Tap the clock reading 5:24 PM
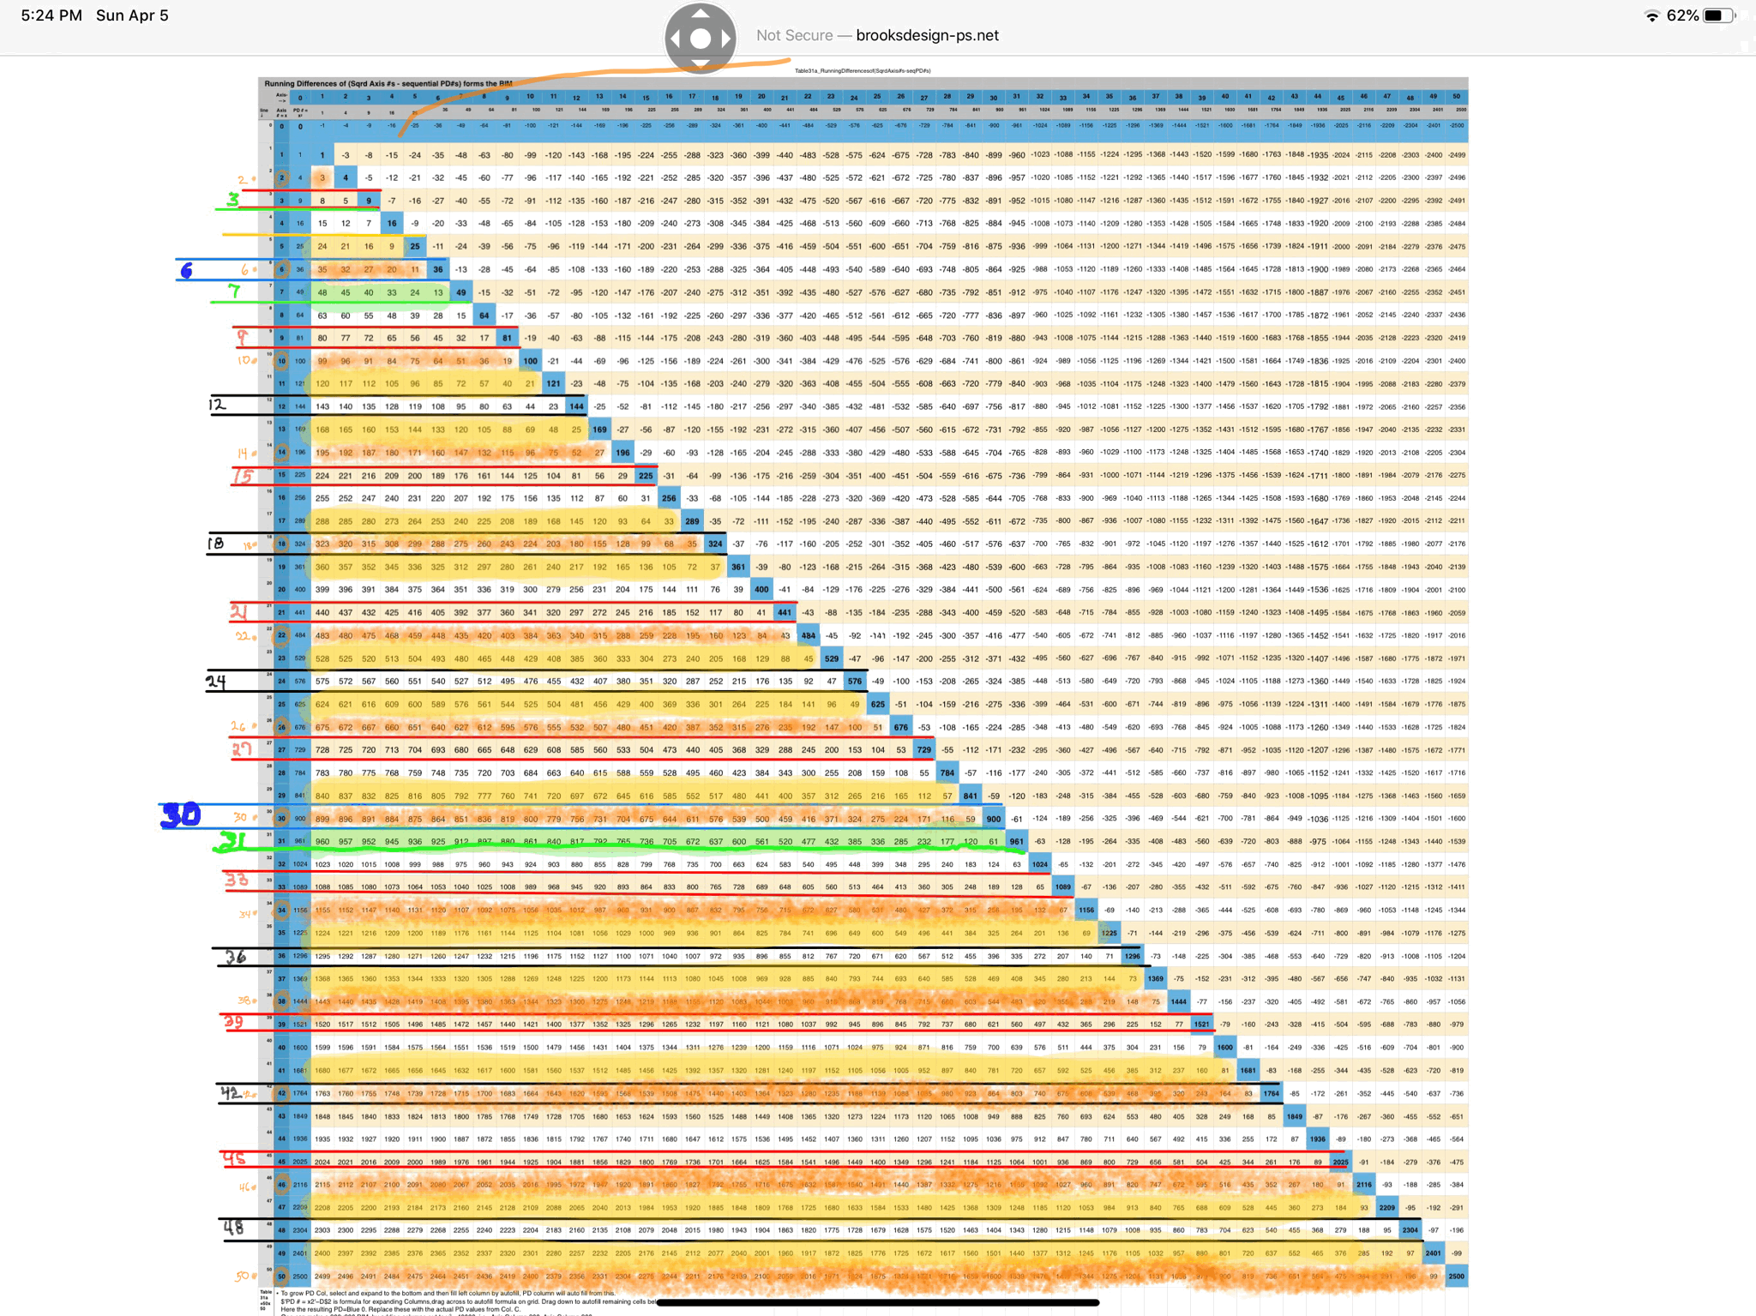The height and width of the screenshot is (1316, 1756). tap(51, 15)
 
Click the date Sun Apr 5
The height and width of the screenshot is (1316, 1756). tap(132, 15)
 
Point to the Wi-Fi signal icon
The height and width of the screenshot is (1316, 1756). tap(1651, 16)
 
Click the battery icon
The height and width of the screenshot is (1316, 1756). tap(1718, 15)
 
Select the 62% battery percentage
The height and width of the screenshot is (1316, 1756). tap(1682, 15)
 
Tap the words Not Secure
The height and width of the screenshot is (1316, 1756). tap(794, 35)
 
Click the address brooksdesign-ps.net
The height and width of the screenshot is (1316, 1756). tap(927, 35)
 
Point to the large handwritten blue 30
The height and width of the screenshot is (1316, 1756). tap(181, 814)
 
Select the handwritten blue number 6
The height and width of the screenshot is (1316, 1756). tap(186, 271)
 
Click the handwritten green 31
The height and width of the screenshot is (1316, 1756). tap(232, 843)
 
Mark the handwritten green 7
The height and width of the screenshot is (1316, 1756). tap(233, 291)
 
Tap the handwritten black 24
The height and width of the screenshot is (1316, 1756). tap(215, 682)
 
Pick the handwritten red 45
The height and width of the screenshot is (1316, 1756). tap(233, 1159)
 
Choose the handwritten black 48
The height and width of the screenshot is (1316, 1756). tap(233, 1228)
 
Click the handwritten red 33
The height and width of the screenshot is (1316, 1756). tap(237, 880)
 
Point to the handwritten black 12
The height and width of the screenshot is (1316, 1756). tap(217, 404)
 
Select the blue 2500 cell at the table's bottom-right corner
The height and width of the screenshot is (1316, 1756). tap(1456, 1276)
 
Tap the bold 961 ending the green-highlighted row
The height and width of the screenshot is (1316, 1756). tap(1016, 841)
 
